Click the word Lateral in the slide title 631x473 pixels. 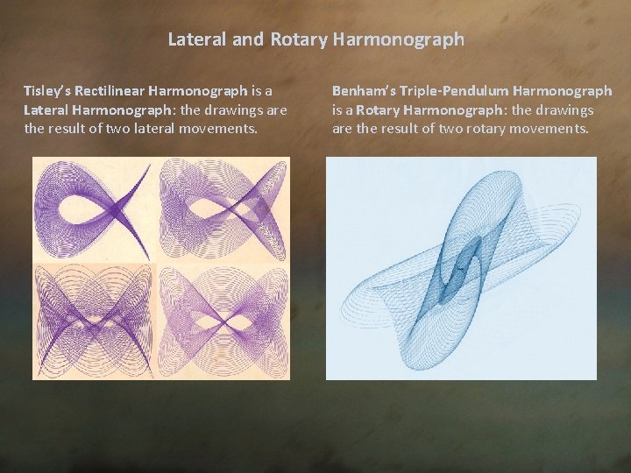pyautogui.click(x=191, y=39)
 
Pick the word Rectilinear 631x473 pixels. pyautogui.click(x=110, y=90)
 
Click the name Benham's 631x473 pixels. pyautogui.click(x=359, y=90)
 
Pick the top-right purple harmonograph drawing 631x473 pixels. pyautogui.click(x=225, y=212)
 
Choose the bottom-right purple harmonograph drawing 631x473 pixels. pyautogui.click(x=225, y=323)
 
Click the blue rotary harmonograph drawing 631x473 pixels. pyautogui.click(x=461, y=268)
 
